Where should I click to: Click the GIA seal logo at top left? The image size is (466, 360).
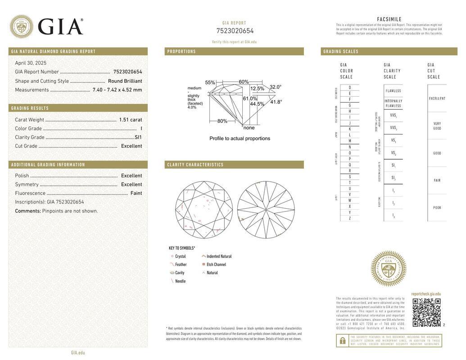[x=21, y=27]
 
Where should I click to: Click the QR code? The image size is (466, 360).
[x=426, y=312]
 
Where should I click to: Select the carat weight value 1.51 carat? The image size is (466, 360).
[x=130, y=120]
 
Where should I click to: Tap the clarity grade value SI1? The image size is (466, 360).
[x=138, y=137]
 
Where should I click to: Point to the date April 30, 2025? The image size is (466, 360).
[x=31, y=63]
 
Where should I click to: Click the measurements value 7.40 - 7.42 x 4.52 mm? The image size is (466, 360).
[x=117, y=90]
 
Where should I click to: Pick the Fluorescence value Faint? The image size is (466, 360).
[x=136, y=193]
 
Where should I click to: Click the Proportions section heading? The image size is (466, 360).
[x=181, y=51]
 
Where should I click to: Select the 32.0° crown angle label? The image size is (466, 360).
[x=275, y=87]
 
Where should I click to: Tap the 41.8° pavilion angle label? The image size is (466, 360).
[x=276, y=102]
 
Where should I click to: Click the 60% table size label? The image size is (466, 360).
[x=244, y=82]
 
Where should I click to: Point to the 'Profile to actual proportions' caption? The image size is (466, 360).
[x=240, y=139]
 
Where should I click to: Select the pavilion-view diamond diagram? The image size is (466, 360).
[x=266, y=210]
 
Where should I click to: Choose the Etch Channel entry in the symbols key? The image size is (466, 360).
[x=216, y=265]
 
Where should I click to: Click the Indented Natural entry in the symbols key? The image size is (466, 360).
[x=218, y=256]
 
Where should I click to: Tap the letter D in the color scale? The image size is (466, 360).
[x=350, y=87]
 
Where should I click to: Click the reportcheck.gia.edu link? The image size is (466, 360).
[x=426, y=294]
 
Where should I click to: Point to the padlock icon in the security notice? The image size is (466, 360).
[x=342, y=341]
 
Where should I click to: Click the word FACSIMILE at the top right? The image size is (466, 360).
[x=389, y=19]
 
